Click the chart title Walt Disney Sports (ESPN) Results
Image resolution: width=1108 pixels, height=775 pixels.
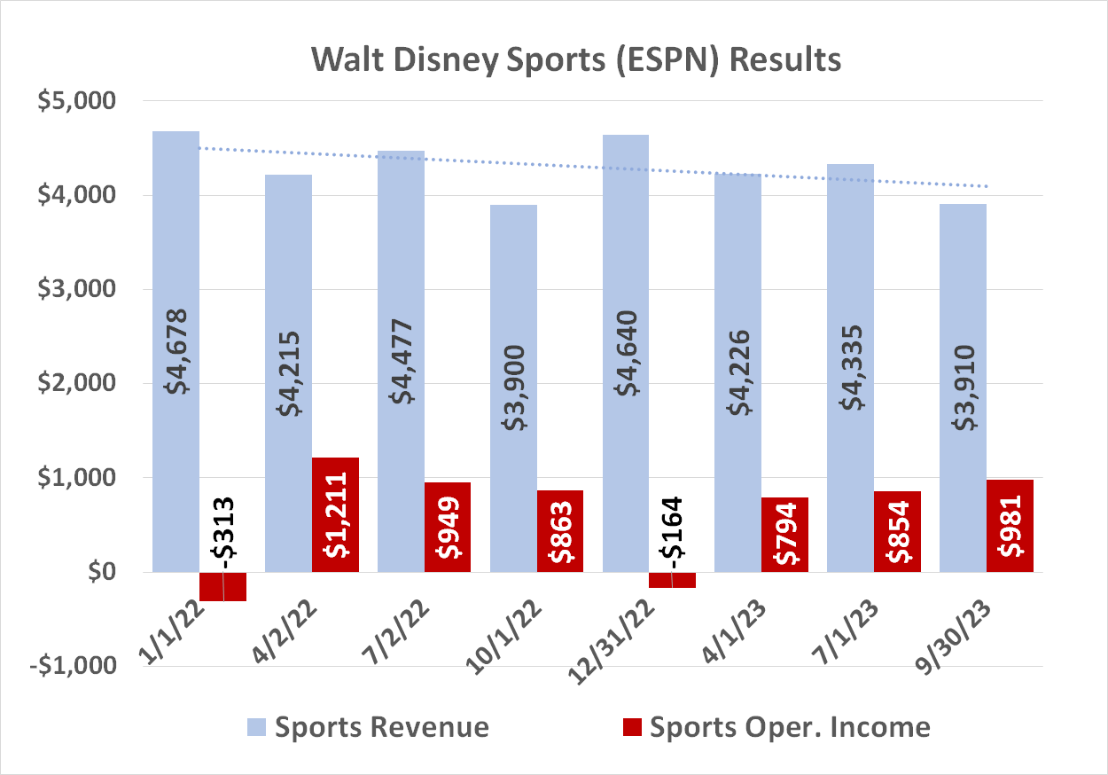[x=575, y=60]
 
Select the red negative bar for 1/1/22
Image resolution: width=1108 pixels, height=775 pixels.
[x=222, y=586]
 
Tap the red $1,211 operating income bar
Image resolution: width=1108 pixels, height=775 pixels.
[x=335, y=514]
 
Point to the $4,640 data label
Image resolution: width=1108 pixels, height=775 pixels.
[x=626, y=355]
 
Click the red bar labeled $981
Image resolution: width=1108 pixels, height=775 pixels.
[x=1010, y=525]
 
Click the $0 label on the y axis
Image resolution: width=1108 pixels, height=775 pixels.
[x=98, y=572]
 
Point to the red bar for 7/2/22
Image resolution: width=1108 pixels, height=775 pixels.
[x=447, y=527]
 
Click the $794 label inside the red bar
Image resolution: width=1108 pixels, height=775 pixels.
[x=785, y=535]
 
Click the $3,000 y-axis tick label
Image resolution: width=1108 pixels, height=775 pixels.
[x=77, y=289]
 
